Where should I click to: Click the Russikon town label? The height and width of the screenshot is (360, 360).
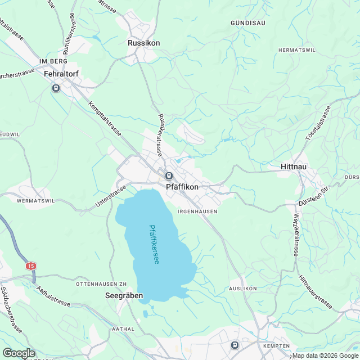tap(144, 43)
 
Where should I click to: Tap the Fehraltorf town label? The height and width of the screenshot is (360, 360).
tap(63, 73)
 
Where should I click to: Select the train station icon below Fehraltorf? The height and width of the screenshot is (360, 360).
tap(56, 88)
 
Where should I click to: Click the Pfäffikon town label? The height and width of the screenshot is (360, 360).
tap(182, 187)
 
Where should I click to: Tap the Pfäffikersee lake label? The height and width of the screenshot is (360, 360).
tap(153, 246)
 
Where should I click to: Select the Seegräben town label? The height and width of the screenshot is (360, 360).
tap(124, 295)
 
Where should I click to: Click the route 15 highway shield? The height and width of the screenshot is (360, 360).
tap(30, 265)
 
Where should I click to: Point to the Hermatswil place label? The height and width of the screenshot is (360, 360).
tap(298, 50)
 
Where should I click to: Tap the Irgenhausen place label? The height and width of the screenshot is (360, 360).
tap(197, 211)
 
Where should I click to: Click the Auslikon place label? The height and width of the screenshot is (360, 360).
tap(243, 288)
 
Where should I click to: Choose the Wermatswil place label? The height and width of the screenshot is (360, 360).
tap(35, 200)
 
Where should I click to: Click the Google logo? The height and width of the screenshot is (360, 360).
tap(19, 353)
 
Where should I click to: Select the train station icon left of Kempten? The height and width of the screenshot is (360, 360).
tap(235, 345)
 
